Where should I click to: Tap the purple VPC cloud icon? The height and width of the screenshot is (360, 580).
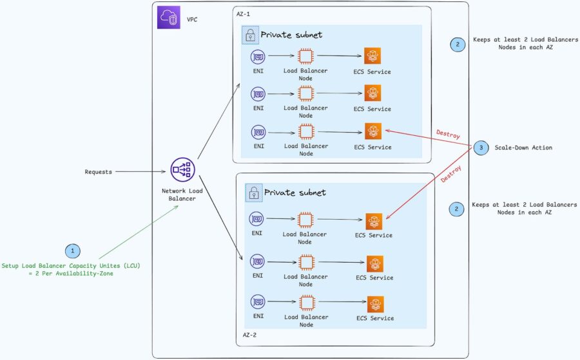pyautogui.click(x=168, y=17)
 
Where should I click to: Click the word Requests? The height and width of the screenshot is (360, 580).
pyautogui.click(x=99, y=172)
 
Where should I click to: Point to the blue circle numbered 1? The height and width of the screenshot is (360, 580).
pyautogui.click(x=73, y=251)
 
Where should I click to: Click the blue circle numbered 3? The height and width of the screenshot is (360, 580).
pyautogui.click(x=480, y=147)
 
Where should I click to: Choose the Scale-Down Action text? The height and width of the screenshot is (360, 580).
pyautogui.click(x=523, y=147)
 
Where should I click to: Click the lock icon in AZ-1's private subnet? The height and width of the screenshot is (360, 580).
pyautogui.click(x=250, y=35)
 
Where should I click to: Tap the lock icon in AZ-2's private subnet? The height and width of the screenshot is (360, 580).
pyautogui.click(x=254, y=192)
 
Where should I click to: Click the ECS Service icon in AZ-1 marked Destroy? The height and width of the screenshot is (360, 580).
pyautogui.click(x=372, y=131)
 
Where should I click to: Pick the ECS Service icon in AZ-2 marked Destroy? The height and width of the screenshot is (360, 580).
pyautogui.click(x=374, y=221)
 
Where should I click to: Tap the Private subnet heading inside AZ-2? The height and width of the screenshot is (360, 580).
pyautogui.click(x=295, y=192)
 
